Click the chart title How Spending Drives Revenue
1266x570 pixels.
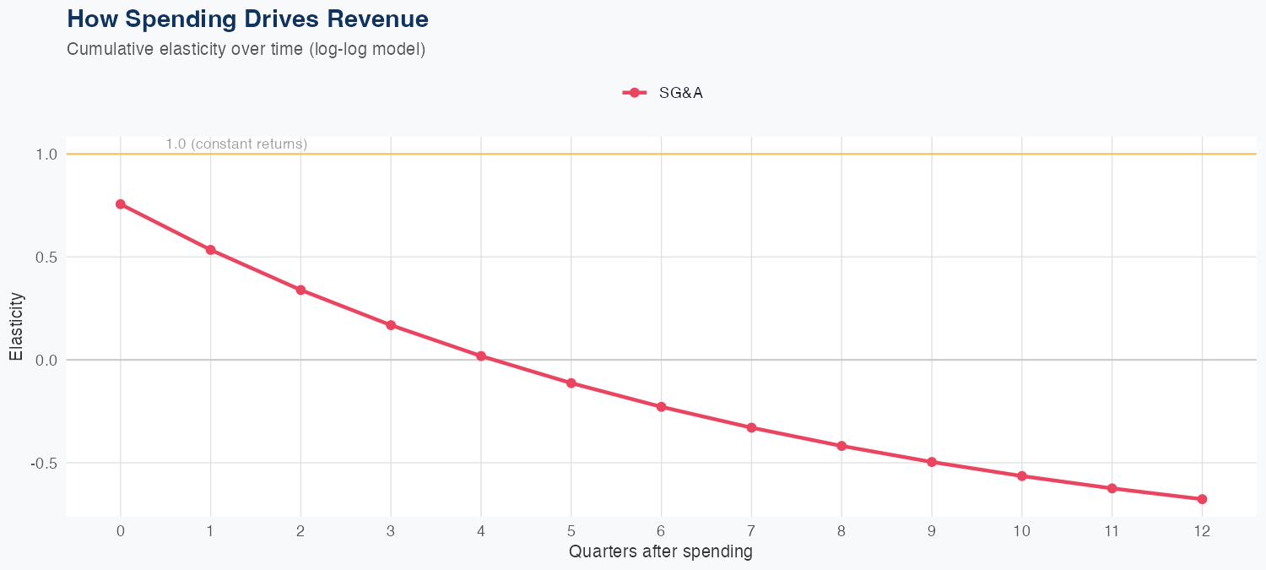point(247,19)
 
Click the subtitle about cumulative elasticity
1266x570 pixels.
point(246,49)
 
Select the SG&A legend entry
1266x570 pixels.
point(663,93)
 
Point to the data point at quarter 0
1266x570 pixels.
point(121,204)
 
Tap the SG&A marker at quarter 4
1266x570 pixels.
point(481,356)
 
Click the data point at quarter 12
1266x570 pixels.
point(1202,499)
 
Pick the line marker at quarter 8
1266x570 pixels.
point(841,446)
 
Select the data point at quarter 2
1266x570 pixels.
point(300,290)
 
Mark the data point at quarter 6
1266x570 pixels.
point(661,407)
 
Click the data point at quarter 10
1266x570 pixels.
point(1021,476)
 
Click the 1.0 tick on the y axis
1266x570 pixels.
point(46,155)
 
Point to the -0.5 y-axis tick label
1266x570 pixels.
point(44,464)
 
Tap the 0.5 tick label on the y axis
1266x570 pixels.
point(46,258)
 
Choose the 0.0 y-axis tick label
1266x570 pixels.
point(46,361)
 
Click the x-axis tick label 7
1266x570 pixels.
point(751,531)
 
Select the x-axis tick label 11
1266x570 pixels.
point(1112,531)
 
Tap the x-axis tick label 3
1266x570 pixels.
point(391,531)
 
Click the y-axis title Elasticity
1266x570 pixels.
point(16,326)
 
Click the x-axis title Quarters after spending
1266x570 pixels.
point(661,552)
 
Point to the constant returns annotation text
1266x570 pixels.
point(236,144)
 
